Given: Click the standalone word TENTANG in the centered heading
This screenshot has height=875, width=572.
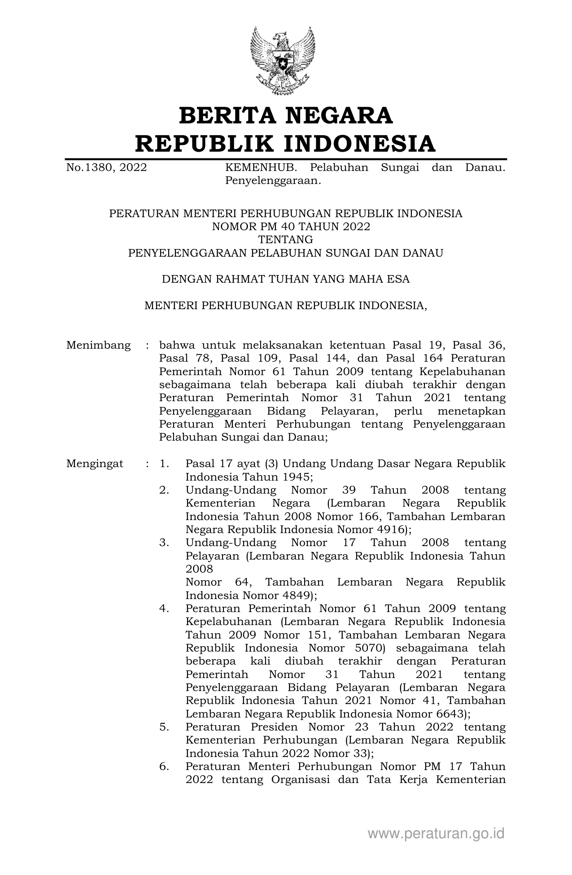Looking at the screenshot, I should click(x=285, y=240).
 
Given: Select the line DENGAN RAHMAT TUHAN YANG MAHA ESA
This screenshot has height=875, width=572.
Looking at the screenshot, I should click(x=285, y=279).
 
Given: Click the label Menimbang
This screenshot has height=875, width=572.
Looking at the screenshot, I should click(x=98, y=346).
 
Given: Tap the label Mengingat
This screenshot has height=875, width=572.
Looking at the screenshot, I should click(x=95, y=464).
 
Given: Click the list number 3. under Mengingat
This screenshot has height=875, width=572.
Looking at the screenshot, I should click(x=164, y=542).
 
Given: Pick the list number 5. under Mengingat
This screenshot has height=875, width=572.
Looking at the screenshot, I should click(x=164, y=726).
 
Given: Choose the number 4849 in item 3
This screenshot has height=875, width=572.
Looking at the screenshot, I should click(x=297, y=595).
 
